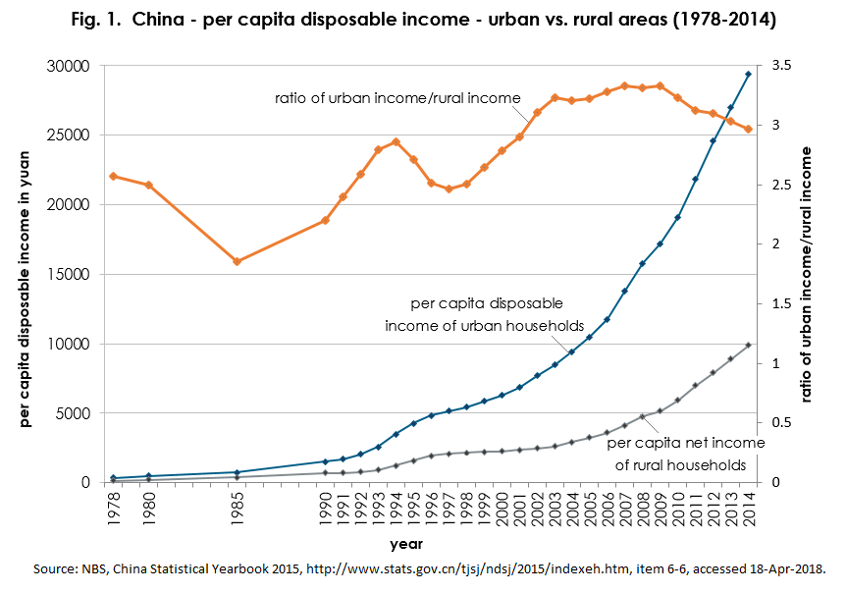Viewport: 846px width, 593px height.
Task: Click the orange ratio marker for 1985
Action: [x=237, y=261]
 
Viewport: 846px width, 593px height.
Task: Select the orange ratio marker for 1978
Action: [x=113, y=176]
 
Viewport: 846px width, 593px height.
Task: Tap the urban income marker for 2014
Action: [x=748, y=74]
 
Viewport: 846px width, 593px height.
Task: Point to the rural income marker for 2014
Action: [x=748, y=345]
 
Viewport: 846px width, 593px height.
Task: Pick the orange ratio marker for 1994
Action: [x=396, y=141]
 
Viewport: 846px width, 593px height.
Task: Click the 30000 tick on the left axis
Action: [x=70, y=66]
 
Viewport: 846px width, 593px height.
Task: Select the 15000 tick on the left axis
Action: [x=70, y=274]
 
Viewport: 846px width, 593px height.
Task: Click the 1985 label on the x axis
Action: [x=237, y=509]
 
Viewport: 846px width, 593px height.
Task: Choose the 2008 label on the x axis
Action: [x=642, y=509]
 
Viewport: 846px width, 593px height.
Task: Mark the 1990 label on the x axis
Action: [x=325, y=509]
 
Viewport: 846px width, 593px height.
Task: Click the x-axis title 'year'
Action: [x=405, y=542]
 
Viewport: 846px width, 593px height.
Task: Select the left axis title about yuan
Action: [x=26, y=275]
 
